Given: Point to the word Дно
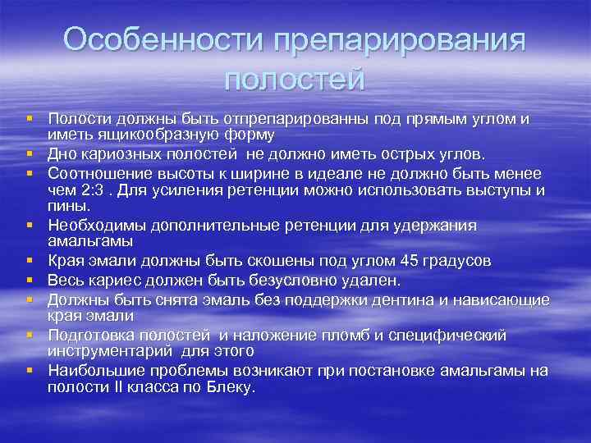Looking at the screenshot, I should tap(62, 153).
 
